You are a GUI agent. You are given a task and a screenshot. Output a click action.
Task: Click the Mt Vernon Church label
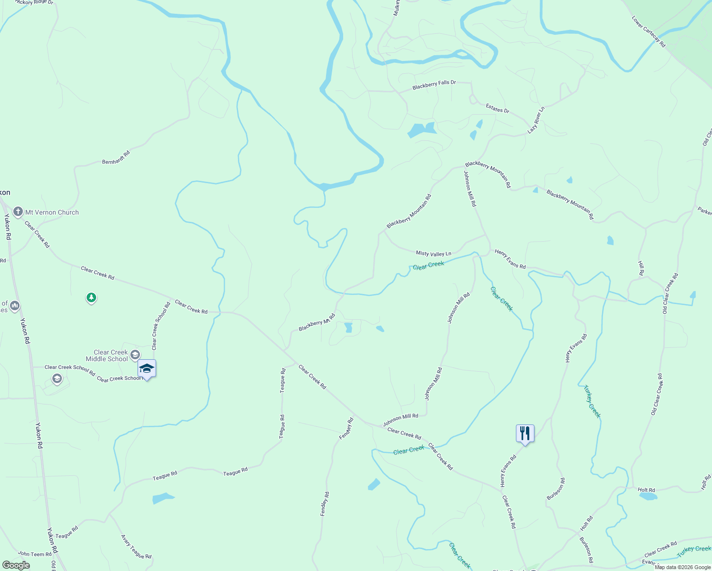point(52,213)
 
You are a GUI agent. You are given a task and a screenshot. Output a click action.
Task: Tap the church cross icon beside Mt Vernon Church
point(18,212)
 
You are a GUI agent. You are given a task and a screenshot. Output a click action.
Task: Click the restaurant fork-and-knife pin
point(525,433)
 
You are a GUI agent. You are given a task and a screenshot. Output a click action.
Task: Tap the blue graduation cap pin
point(147,369)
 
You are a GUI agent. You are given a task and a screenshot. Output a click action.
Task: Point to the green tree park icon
point(91,298)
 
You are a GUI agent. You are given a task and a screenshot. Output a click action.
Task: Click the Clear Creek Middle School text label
point(107,355)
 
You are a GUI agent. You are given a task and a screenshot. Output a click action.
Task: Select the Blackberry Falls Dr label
point(434,85)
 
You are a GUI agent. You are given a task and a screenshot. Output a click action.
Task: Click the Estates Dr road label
point(497,109)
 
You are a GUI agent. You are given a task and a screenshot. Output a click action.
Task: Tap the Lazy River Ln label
point(536,120)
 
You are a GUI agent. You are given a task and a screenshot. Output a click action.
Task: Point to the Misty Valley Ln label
point(433,254)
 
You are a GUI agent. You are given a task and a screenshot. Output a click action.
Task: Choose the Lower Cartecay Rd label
point(648,31)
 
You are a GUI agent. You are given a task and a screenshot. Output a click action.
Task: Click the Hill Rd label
point(641,268)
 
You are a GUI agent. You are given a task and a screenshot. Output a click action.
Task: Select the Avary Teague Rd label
point(136,547)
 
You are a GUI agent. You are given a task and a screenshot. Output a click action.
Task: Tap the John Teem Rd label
point(35,554)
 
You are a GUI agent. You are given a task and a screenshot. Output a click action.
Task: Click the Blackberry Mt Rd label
point(316,322)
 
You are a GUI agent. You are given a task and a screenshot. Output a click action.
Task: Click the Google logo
point(16,565)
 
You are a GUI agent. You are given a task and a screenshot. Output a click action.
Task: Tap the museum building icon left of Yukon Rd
point(14,305)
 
